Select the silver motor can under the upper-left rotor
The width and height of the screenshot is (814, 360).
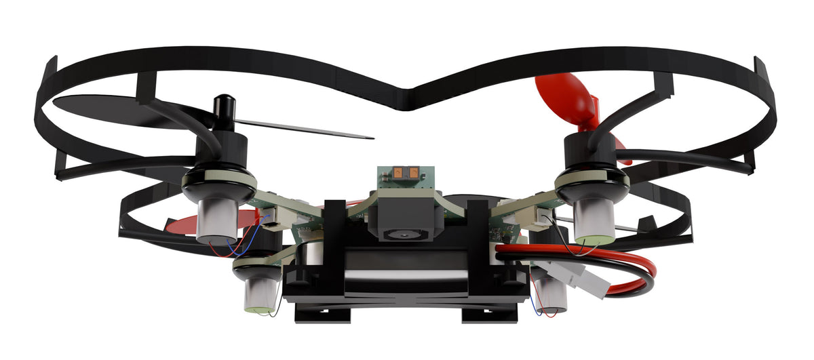[218, 217]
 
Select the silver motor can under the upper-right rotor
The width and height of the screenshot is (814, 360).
[594, 216]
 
